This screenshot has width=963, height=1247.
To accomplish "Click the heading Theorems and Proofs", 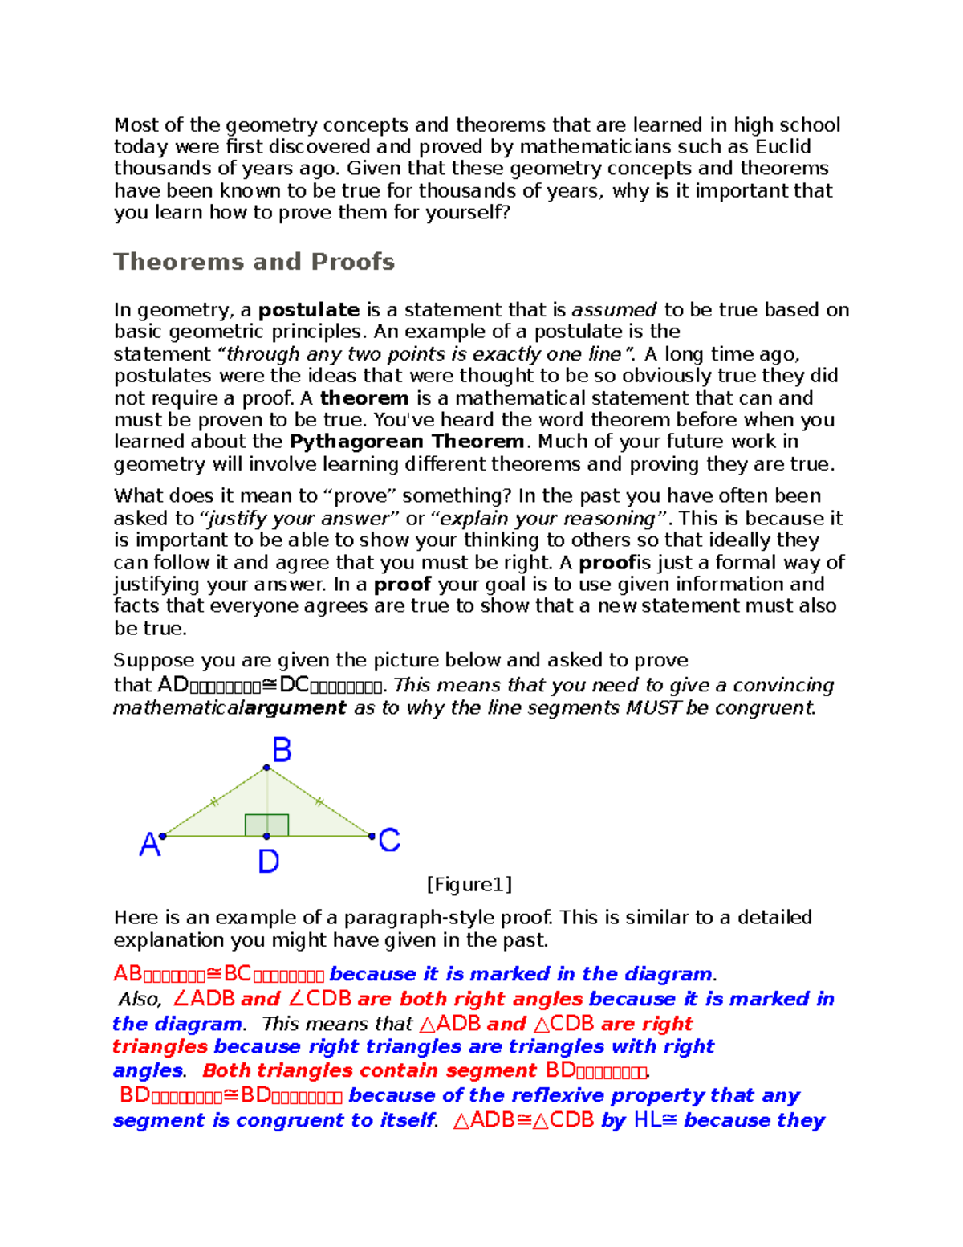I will [254, 262].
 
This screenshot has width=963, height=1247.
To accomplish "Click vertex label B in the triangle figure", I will [282, 751].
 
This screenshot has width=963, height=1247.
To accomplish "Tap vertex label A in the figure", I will [149, 845].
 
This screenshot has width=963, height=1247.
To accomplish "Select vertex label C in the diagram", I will [389, 841].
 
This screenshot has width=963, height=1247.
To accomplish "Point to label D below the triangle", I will [268, 862].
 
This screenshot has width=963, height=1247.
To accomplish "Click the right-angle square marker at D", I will [266, 825].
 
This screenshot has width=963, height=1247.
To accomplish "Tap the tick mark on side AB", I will [213, 801].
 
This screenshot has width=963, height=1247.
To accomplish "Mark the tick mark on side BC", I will [319, 801].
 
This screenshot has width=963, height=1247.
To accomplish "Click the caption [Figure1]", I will [469, 885].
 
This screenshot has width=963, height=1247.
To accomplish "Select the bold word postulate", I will [308, 310].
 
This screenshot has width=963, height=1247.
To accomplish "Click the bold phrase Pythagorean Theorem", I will [407, 442].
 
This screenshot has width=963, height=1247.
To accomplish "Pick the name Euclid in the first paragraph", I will [782, 147].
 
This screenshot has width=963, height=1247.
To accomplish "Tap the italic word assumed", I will [614, 310].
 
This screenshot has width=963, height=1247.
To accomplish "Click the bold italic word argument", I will [295, 708].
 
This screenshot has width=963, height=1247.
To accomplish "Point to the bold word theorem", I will [364, 398].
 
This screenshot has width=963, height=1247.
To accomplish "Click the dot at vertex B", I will [266, 768].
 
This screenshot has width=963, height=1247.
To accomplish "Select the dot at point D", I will [266, 837].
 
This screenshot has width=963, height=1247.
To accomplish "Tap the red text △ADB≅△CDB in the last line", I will [524, 1121].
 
